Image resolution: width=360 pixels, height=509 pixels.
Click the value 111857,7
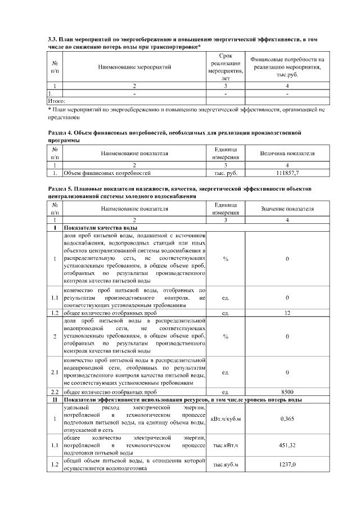click(287, 173)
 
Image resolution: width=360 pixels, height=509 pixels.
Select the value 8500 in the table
click(287, 391)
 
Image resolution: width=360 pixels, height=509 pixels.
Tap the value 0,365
click(287, 418)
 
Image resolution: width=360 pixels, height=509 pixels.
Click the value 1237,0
click(287, 465)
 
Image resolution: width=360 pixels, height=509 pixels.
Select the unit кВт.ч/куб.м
click(226, 418)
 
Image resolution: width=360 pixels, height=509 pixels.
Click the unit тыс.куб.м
click(226, 465)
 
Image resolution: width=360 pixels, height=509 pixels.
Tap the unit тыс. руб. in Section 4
click(226, 173)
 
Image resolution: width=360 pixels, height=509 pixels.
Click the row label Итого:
click(57, 100)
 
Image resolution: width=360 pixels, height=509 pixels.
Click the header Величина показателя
click(287, 153)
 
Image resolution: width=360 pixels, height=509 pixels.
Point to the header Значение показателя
click(287, 209)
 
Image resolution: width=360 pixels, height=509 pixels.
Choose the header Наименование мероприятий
click(134, 67)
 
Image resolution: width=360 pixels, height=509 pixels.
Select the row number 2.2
click(55, 391)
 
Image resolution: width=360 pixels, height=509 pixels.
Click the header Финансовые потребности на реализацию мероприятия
click(287, 67)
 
